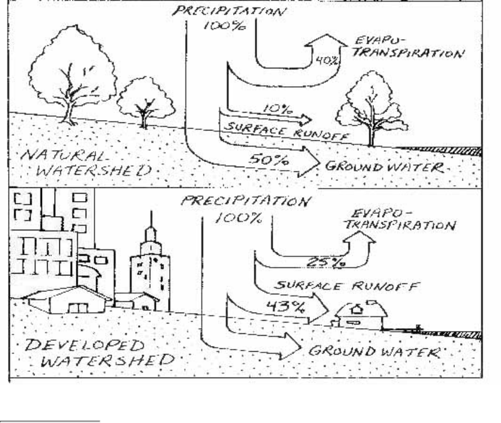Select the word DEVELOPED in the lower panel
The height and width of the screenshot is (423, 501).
[x=63, y=346]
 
